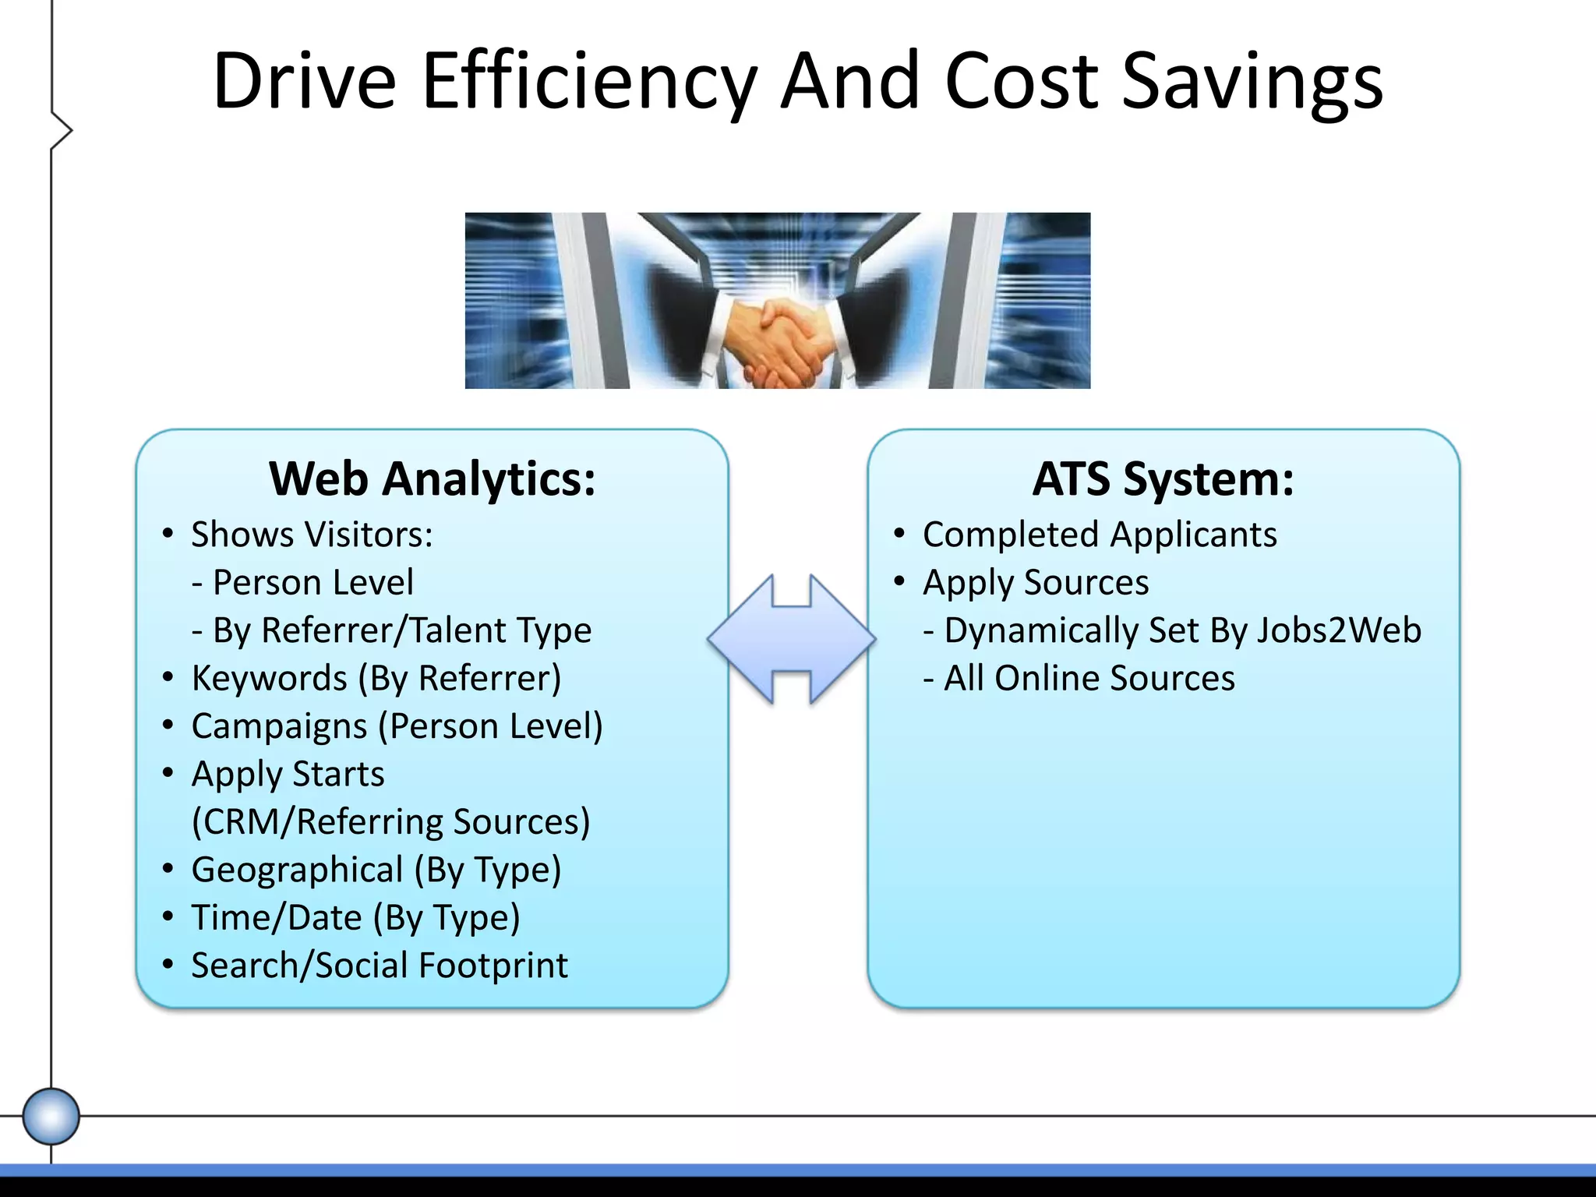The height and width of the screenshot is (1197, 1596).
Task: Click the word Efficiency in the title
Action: (x=588, y=82)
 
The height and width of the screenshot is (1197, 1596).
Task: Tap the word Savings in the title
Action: (x=1252, y=82)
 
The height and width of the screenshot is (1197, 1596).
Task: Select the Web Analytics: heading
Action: (x=433, y=478)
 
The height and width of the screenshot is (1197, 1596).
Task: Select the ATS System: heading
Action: (x=1163, y=478)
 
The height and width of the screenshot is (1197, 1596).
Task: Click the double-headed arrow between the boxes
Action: (x=792, y=639)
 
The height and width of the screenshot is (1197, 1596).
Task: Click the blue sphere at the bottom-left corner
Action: (x=51, y=1116)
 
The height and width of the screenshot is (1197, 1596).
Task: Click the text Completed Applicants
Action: (x=1100, y=535)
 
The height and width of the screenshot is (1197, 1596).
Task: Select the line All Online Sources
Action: (x=1079, y=678)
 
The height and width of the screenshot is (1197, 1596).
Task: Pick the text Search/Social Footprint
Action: (x=380, y=966)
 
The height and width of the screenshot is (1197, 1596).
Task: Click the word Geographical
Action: (x=297, y=870)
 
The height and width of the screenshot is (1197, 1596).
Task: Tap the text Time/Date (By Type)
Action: (x=355, y=918)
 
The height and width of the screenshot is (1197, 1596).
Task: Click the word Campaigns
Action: (x=279, y=726)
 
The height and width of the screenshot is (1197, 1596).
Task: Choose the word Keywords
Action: (x=269, y=678)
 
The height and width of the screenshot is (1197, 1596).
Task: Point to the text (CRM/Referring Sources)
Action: (x=390, y=822)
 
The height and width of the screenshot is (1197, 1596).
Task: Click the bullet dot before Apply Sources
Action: (x=899, y=581)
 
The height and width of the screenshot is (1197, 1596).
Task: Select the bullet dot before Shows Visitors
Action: (x=168, y=534)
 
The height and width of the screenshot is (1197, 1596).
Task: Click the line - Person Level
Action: (x=302, y=582)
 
